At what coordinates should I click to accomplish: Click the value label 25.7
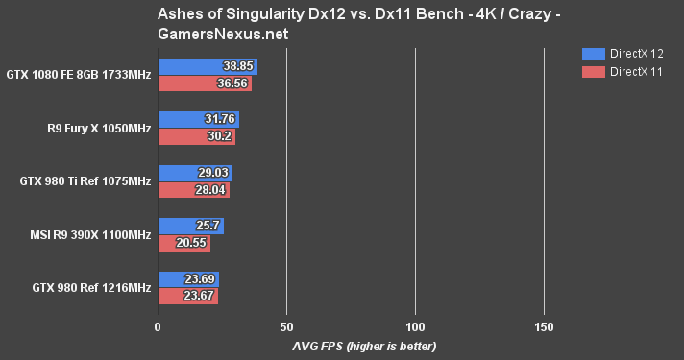pos(208,228)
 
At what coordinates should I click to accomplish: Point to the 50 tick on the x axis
pos(286,326)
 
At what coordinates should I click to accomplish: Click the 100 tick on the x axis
pos(415,326)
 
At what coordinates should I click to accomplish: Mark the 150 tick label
pos(544,326)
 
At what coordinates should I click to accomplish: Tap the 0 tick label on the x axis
pos(158,326)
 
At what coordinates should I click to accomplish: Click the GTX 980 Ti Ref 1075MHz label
pos(85,181)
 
